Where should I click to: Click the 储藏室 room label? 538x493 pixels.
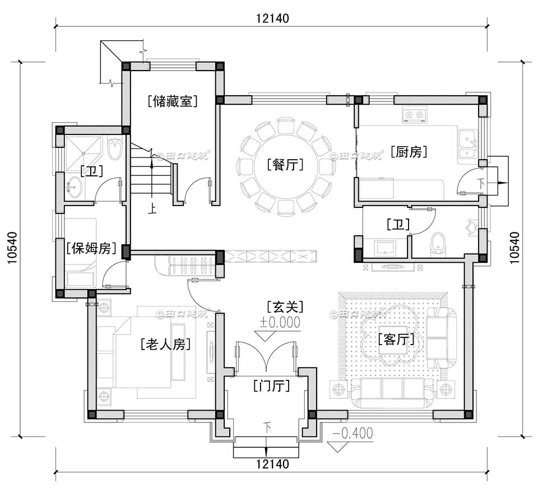coord(174,101)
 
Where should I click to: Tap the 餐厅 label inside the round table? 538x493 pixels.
coord(286,165)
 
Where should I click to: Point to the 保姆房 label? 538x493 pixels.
coord(91,248)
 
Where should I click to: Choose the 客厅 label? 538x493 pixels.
coord(396,339)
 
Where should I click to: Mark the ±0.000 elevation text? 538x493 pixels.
coord(280,322)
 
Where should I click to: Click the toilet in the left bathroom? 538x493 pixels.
coord(114,150)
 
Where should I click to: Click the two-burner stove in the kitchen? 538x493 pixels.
coord(414,115)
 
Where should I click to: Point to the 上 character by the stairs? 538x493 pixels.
coord(152,210)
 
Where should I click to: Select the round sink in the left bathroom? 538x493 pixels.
coord(74,184)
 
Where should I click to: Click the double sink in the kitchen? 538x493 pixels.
coord(466,145)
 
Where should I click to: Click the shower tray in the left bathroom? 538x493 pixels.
coord(84,150)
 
